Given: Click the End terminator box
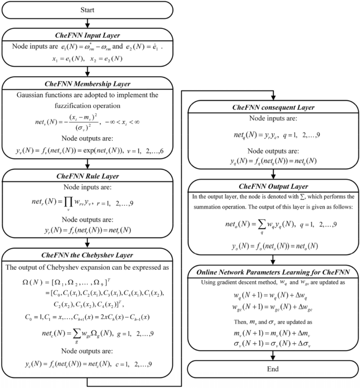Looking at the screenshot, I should [273, 369].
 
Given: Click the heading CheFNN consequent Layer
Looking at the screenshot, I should [273, 108].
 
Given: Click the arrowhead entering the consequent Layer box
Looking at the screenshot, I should [273, 97].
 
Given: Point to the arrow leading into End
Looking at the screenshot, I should [273, 356].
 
